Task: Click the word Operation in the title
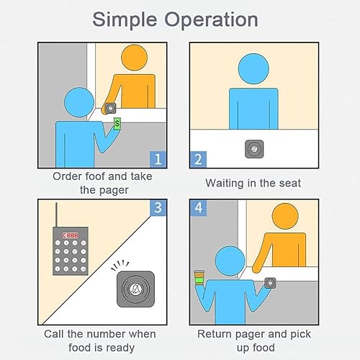tap(211, 20)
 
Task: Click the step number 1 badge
tap(158, 159)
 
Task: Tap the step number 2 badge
tap(198, 159)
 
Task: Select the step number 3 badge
tap(158, 207)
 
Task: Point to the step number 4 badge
tap(198, 207)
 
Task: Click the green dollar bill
tap(117, 124)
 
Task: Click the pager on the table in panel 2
tap(254, 149)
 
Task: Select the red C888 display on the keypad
tap(71, 235)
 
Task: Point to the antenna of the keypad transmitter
tap(56, 215)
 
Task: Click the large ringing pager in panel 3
tap(135, 289)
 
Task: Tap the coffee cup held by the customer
tap(199, 278)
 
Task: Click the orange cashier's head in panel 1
tap(134, 58)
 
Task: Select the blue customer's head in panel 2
tap(253, 68)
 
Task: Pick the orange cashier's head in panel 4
tap(285, 217)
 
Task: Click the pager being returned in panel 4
tap(270, 283)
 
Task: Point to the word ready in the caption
tap(120, 348)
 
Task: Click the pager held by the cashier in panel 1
tap(110, 109)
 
